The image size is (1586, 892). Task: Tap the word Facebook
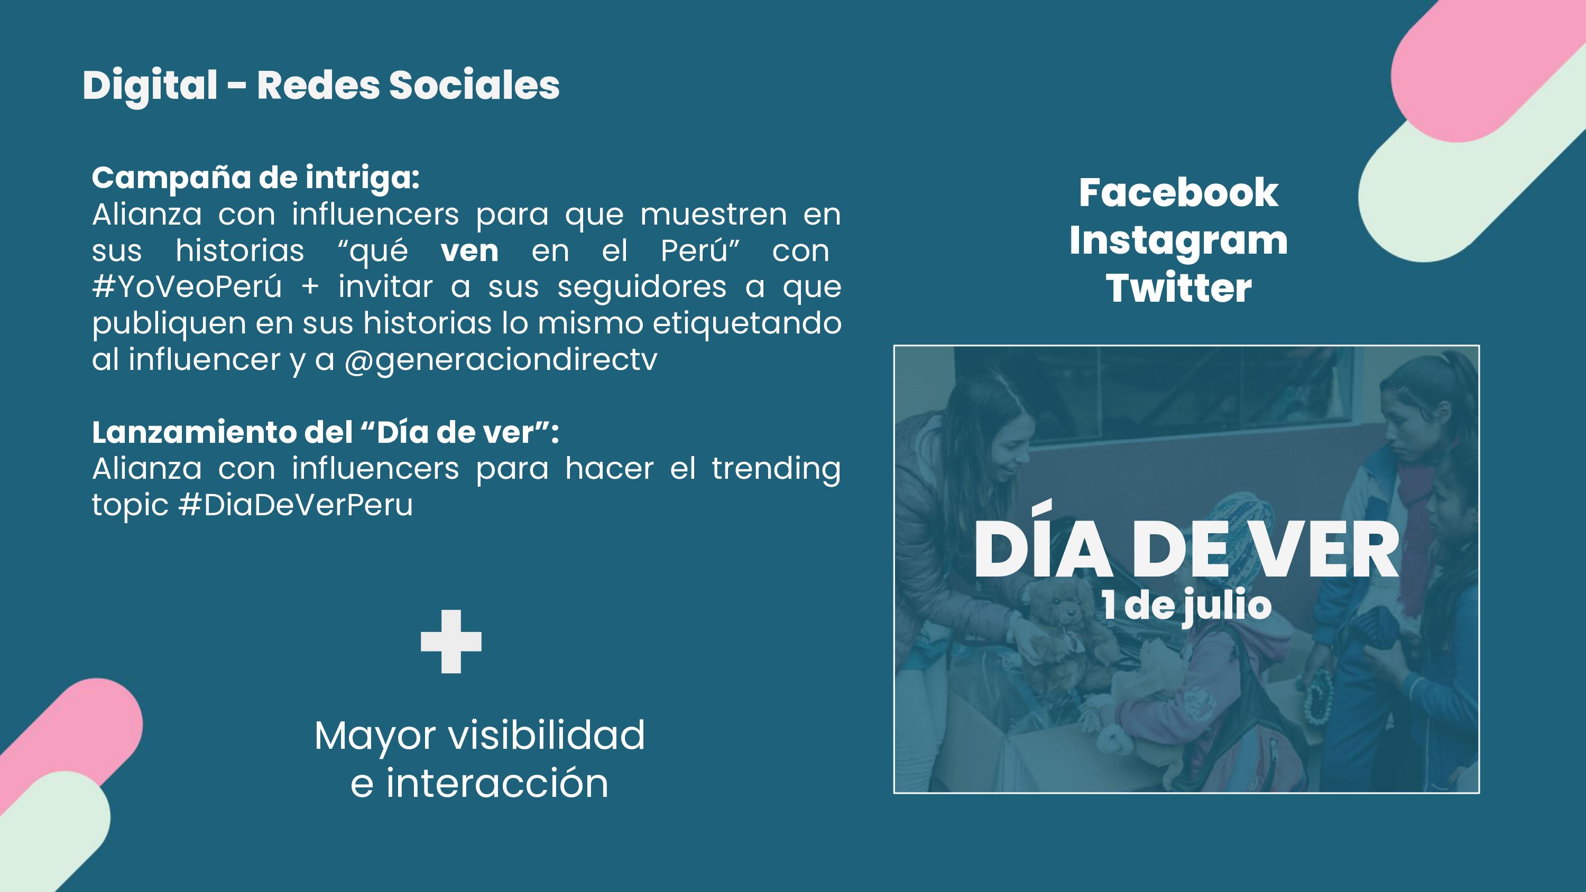(1178, 193)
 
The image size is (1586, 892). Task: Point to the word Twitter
(1178, 288)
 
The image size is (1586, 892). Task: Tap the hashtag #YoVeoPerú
(187, 287)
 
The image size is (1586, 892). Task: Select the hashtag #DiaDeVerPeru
(296, 505)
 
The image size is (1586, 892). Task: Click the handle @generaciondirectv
(501, 360)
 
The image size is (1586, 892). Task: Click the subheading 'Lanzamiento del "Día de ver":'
(326, 432)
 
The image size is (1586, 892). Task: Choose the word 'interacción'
(497, 784)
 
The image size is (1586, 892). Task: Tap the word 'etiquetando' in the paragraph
(747, 323)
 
